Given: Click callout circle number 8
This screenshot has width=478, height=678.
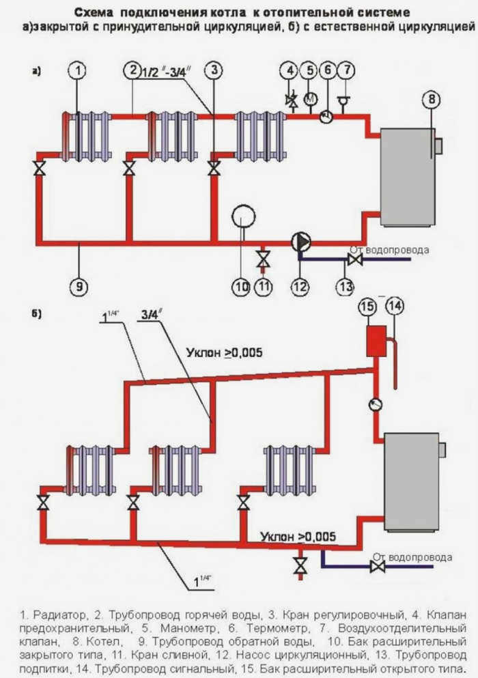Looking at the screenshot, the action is coord(432,100).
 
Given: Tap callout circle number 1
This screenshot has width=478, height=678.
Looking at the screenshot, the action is coord(78,71).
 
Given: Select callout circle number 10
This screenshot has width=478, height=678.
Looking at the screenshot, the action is coord(241,287).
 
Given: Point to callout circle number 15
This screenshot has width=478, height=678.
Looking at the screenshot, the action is coord(367,307).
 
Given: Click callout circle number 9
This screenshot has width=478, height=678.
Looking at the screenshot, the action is coord(79,286).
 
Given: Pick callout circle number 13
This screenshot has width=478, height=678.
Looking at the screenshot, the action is coord(346,286).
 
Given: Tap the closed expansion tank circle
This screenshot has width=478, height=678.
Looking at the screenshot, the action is coord(244,216).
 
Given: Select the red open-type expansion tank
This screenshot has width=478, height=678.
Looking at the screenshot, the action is coord(376,341).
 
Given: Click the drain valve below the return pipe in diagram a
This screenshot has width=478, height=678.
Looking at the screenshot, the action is coord(263,259).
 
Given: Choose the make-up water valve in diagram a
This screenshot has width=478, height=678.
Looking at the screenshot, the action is coord(355,260).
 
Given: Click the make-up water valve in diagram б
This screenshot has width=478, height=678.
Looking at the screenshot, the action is coord(378,566).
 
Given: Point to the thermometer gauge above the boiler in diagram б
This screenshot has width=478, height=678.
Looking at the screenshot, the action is coord(376,405).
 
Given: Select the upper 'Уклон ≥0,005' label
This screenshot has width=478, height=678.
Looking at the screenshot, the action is coord(224,352).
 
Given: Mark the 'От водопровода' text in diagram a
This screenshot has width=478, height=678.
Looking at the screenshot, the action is coord(389,250).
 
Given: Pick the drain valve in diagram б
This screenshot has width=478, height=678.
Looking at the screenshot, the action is coord(300,564).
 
